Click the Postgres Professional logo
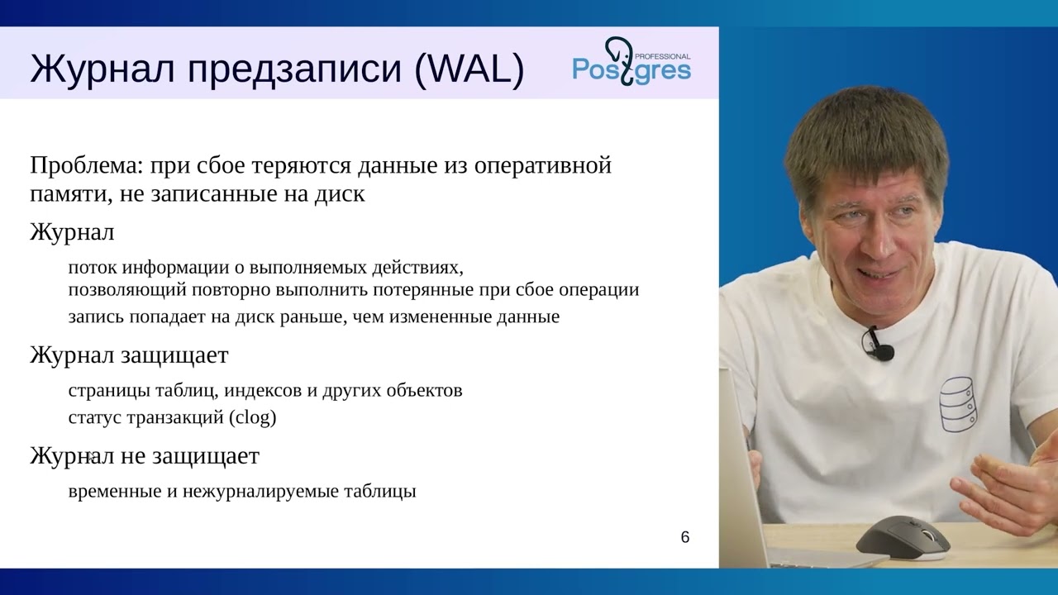[631, 61]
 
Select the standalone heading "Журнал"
[72, 232]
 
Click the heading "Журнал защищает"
[129, 355]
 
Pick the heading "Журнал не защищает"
[145, 455]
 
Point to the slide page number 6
[684, 537]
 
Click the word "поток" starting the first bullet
[93, 268]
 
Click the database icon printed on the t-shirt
[959, 404]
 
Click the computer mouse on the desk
[903, 538]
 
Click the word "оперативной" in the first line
[542, 165]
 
